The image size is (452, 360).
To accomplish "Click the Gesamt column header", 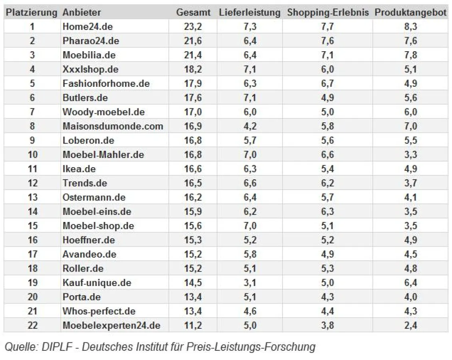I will [x=193, y=12].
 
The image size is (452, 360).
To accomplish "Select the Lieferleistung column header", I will [x=249, y=12].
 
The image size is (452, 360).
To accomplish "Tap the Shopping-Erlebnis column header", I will [x=327, y=12].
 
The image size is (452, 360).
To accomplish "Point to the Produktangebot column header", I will [x=410, y=12].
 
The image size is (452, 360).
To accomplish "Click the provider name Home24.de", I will [x=88, y=27].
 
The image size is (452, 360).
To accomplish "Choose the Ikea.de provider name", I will [x=79, y=169].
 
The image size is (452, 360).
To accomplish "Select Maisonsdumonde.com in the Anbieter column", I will [x=113, y=126].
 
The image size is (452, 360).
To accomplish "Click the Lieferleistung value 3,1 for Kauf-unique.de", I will [x=250, y=283].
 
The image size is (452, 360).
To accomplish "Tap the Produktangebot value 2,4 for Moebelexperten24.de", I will [x=410, y=326].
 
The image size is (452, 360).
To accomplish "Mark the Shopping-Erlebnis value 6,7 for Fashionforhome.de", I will [x=327, y=84].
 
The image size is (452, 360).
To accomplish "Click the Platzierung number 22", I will [x=32, y=326].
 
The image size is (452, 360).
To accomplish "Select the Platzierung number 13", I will [x=32, y=198].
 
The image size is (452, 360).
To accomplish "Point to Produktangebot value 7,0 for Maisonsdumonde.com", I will [x=410, y=126].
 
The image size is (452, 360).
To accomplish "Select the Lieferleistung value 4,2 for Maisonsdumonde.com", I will [x=250, y=126].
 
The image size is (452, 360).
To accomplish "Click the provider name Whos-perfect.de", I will [x=99, y=311].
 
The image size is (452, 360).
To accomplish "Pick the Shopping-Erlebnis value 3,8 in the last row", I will [x=327, y=326].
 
